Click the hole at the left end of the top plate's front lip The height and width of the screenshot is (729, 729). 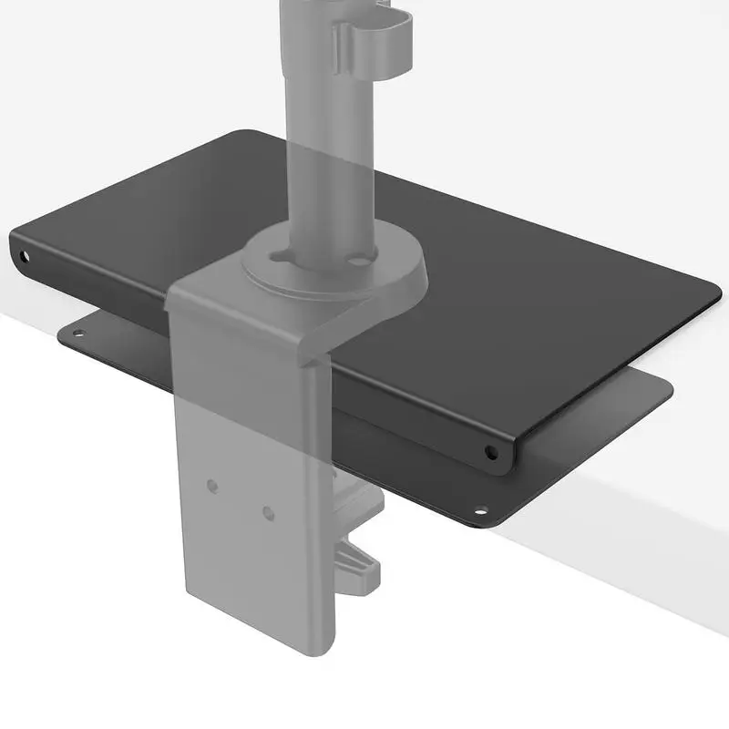coord(24,254)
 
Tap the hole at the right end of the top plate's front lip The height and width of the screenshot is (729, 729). coord(491,451)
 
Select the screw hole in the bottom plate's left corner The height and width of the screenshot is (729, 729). coord(78,334)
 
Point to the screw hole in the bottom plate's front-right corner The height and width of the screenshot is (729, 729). coord(481,509)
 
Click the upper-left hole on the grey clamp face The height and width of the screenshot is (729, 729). coord(212,486)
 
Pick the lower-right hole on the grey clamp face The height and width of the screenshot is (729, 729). coord(268,513)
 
